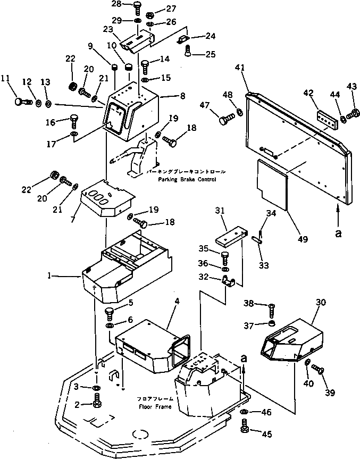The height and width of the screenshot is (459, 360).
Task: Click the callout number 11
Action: pyautogui.click(x=6, y=78)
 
